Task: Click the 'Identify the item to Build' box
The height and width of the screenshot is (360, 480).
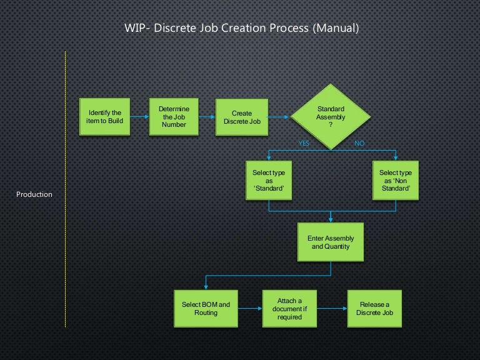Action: [105, 117]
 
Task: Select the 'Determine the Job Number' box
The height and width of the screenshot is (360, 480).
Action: [174, 117]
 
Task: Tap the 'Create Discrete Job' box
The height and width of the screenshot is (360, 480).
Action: [242, 117]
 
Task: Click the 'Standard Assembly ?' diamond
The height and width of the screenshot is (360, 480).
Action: [330, 117]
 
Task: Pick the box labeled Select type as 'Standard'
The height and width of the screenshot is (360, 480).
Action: [268, 181]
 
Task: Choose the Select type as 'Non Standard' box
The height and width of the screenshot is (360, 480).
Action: [396, 181]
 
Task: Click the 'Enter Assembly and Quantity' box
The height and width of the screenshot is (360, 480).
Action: [331, 242]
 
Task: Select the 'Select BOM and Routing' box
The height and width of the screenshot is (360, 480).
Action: [206, 308]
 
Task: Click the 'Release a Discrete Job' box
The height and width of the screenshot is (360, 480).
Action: [374, 308]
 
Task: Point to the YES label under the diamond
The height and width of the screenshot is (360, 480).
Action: [304, 144]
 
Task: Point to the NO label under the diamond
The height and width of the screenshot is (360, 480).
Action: [359, 144]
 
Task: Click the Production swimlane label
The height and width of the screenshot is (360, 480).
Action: [34, 194]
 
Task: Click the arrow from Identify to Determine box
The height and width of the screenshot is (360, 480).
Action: [139, 117]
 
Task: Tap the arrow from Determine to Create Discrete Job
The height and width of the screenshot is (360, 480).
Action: [207, 117]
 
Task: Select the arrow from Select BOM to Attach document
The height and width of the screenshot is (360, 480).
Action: [250, 308]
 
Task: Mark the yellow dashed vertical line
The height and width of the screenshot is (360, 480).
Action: [65, 187]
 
